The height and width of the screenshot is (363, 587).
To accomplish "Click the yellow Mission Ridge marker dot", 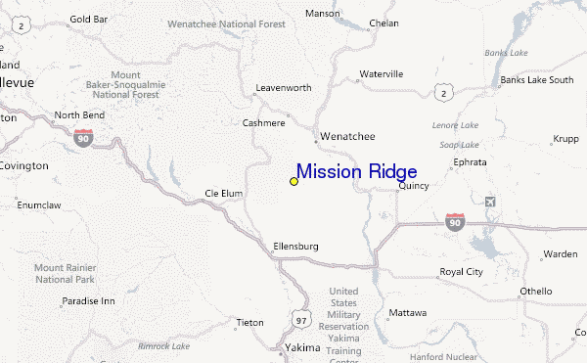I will point(293,181).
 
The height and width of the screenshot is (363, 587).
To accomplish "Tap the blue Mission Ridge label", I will point(356,172).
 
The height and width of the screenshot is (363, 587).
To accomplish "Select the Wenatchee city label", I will point(347,137).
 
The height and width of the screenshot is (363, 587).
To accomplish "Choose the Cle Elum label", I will point(223,194).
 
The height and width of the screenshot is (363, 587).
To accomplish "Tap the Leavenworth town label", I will point(283,88).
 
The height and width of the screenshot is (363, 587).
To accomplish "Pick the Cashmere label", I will point(263,123).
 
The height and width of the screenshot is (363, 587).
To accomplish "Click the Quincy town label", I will point(414,186).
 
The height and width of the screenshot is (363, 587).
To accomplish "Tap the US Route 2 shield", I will point(446,93).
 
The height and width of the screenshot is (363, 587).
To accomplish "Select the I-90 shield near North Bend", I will point(84,138).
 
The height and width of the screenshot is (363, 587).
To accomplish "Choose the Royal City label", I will point(461,271).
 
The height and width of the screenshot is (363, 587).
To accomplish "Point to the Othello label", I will point(536,291).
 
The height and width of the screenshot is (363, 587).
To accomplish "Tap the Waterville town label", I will point(381,74).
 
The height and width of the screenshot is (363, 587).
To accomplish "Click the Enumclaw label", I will point(38,206).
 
